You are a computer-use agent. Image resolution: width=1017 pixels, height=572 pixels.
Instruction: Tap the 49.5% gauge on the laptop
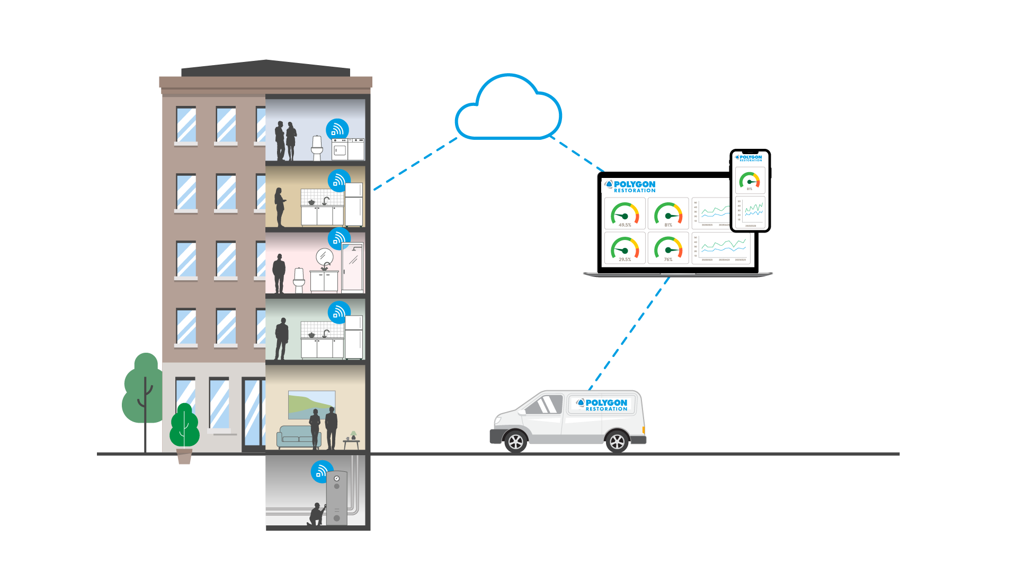(x=625, y=213)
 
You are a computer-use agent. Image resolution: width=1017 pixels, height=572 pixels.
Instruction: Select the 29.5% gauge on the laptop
(x=625, y=248)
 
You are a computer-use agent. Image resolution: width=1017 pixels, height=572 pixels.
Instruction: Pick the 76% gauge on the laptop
(x=668, y=248)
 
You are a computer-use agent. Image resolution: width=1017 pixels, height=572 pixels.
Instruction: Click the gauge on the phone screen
(x=750, y=180)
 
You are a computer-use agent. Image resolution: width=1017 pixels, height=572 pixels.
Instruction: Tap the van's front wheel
(x=515, y=441)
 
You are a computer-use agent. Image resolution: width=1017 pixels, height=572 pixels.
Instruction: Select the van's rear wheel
(x=617, y=441)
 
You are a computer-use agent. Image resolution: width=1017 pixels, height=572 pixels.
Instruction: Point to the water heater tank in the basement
(x=336, y=498)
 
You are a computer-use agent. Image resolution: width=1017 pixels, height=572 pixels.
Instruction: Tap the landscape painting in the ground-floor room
(x=311, y=405)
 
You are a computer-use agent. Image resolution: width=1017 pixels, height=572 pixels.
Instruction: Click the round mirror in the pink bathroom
(x=324, y=257)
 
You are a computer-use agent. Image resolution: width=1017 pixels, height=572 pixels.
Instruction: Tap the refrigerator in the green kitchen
(x=354, y=337)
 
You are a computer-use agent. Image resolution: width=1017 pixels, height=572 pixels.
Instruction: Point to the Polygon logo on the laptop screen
(x=630, y=186)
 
